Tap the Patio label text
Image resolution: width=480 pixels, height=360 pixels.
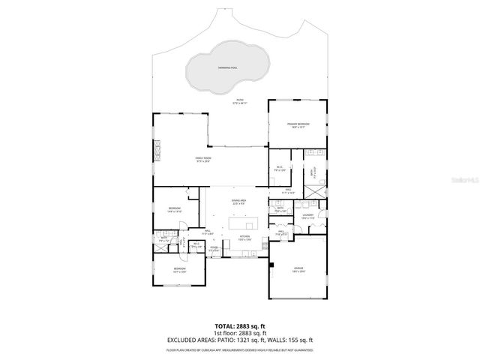(240, 100)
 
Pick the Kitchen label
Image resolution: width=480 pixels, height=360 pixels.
(244, 238)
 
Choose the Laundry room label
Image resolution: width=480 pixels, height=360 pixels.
(307, 216)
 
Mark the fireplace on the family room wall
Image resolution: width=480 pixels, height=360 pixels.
(157, 152)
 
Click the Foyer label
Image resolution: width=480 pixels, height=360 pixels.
(214, 248)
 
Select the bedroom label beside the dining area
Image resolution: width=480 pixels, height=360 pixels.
(175, 210)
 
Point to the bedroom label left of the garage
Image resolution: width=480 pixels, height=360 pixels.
(180, 270)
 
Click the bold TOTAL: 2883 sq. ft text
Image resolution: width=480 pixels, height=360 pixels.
(240, 325)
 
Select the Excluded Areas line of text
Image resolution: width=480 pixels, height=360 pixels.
(240, 340)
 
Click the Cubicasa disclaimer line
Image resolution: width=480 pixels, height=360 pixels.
(240, 349)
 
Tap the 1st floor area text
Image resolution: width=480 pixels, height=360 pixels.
(240, 333)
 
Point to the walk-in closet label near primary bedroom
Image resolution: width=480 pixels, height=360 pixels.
(278, 169)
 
